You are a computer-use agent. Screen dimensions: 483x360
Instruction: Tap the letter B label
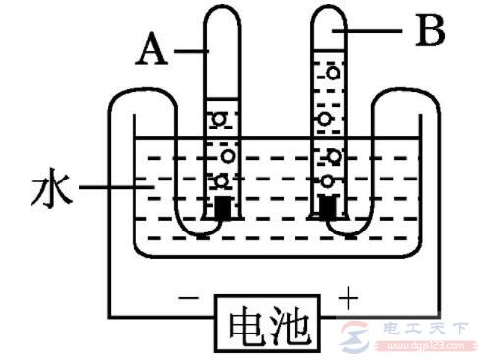point(428,33)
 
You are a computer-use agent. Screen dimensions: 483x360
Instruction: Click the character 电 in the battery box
point(243,322)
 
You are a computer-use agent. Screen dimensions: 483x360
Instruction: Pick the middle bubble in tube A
point(228,153)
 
